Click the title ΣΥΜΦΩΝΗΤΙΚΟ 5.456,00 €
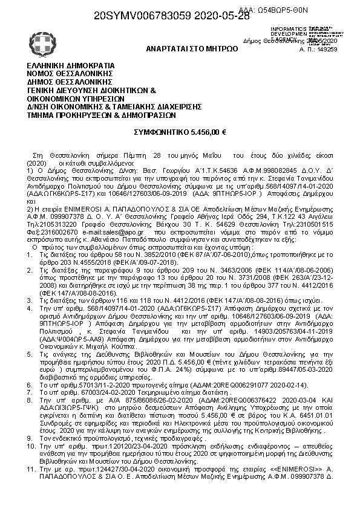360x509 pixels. click(180, 131)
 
